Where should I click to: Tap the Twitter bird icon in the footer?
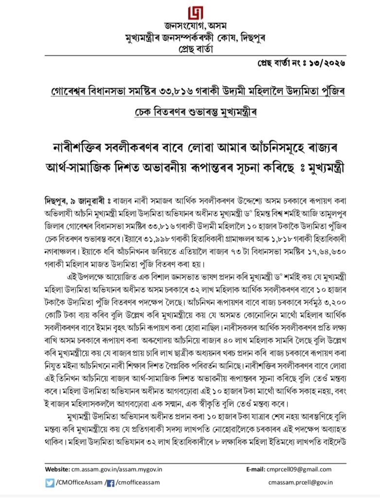click(50, 482)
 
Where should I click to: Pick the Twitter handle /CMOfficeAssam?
click(78, 482)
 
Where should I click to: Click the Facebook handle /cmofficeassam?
click(139, 482)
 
